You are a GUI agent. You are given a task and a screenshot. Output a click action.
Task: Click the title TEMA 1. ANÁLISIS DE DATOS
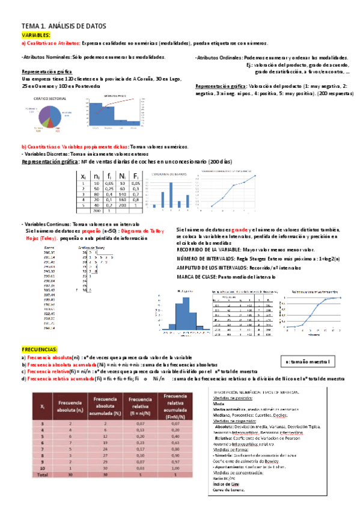pyautogui.click(x=63, y=26)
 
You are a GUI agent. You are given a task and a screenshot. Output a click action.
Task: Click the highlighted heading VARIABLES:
pyautogui.click(x=35, y=35)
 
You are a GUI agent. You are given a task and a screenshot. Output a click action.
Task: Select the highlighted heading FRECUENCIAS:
pyautogui.click(x=40, y=349)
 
